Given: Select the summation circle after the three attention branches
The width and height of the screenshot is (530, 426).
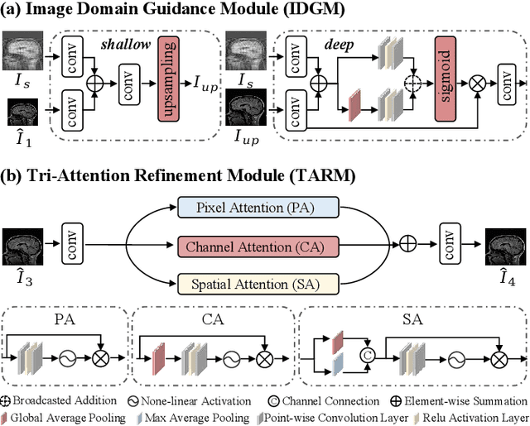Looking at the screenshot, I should (407, 246).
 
